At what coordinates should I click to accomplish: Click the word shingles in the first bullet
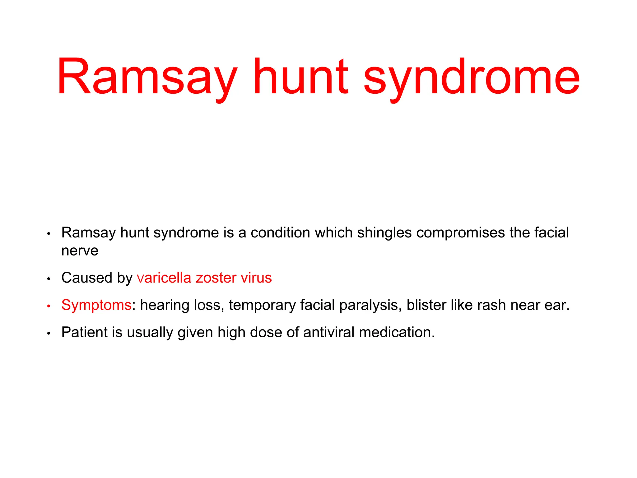[x=384, y=233]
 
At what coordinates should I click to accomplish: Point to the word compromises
[x=461, y=233]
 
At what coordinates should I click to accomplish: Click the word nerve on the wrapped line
[x=80, y=251]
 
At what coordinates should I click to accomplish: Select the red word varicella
[x=164, y=278]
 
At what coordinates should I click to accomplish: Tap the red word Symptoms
[x=96, y=305]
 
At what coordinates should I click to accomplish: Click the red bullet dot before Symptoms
[x=49, y=306]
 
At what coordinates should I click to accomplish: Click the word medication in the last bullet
[x=397, y=332]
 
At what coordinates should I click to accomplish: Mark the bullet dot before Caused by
[x=49, y=279]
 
